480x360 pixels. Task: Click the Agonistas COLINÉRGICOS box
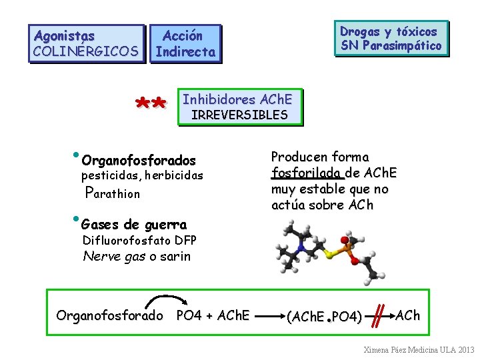click(86, 43)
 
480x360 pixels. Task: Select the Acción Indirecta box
click(185, 43)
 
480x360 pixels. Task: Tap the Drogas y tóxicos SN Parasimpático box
click(391, 38)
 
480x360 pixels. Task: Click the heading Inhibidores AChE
click(237, 99)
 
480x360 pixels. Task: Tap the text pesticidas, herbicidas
click(141, 176)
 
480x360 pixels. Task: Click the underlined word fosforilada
click(307, 173)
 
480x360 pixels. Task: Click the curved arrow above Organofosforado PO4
click(163, 300)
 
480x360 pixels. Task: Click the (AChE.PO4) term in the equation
click(324, 316)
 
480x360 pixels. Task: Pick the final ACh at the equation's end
click(407, 315)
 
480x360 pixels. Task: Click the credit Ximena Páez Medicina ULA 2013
click(418, 349)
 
